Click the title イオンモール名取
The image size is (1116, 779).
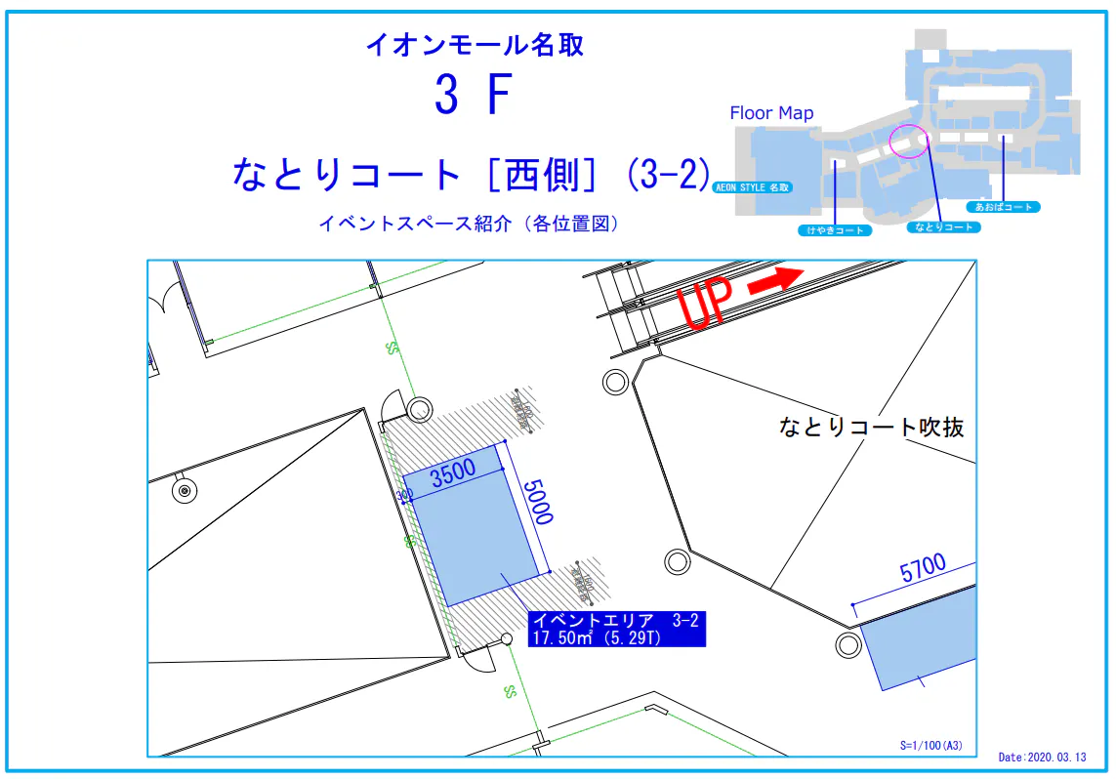click(x=475, y=45)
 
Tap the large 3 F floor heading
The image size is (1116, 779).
click(x=473, y=96)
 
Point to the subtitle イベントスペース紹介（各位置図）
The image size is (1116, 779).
click(x=469, y=224)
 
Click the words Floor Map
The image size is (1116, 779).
click(x=771, y=113)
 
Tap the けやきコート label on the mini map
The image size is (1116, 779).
click(x=835, y=230)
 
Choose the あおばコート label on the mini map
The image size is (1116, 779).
click(x=1003, y=207)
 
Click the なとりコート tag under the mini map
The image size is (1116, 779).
click(x=943, y=226)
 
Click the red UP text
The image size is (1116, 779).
click(x=704, y=304)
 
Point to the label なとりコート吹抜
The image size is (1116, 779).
click(x=871, y=427)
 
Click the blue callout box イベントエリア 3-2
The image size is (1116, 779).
click(x=615, y=629)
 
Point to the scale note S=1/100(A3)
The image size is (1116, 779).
click(x=930, y=746)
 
